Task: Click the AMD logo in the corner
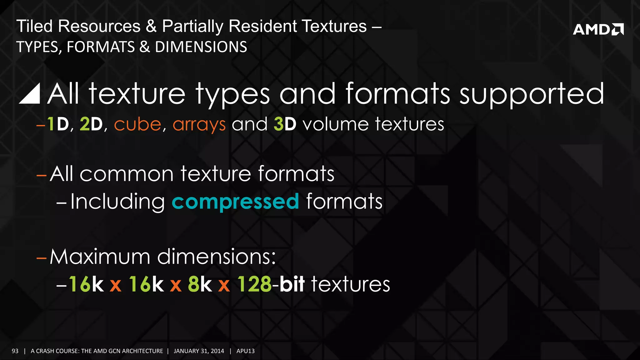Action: [598, 29]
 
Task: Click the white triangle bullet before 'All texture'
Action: [30, 94]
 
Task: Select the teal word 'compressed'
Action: [235, 202]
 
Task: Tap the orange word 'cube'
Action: [137, 124]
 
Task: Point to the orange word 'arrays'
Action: [199, 125]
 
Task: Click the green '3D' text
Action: [285, 124]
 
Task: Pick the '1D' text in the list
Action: [58, 124]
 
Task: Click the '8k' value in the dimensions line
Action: [200, 284]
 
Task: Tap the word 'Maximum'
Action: [100, 257]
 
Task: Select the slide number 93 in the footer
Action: [15, 351]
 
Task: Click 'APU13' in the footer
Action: [245, 351]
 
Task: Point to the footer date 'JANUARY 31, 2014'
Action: [199, 351]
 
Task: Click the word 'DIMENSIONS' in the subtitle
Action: [201, 47]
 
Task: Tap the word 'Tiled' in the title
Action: [34, 26]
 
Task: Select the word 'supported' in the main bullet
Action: [532, 94]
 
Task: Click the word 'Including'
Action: [117, 202]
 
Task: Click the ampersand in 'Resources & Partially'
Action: [151, 26]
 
